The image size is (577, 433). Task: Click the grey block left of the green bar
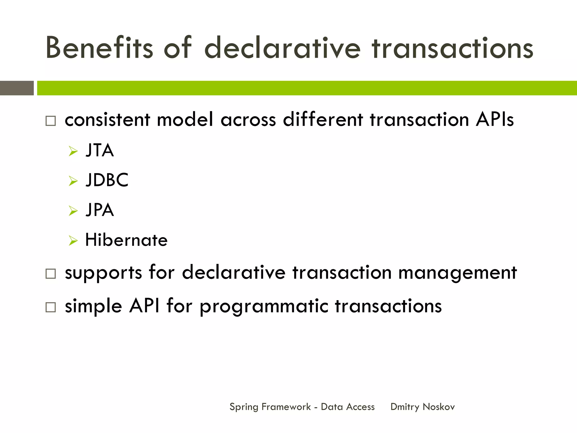coord(17,88)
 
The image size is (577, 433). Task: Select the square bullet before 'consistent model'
coord(51,121)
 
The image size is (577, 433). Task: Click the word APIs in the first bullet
coord(495,120)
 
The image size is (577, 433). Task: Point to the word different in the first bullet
coord(323,120)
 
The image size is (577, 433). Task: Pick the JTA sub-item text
coord(100,150)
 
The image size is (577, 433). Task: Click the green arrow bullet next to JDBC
coord(73,181)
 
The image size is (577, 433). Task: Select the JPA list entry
coord(100,210)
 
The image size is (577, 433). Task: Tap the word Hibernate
coord(126,240)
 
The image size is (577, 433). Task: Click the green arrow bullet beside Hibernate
coord(73,240)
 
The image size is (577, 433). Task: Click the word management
coord(458,273)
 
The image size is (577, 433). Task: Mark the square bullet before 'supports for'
coord(51,274)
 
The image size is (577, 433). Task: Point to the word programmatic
coord(264,307)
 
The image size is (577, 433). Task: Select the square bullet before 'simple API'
coord(51,307)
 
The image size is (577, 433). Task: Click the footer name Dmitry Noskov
coord(422,407)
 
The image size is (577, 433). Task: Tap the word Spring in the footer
coord(244,407)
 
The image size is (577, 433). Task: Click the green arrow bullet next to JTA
coord(73,151)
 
